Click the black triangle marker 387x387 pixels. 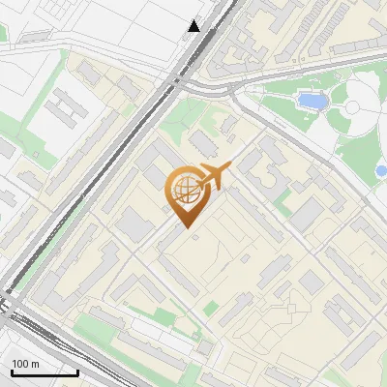[194, 26]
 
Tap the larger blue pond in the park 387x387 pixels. [311, 101]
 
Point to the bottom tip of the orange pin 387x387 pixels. [185, 227]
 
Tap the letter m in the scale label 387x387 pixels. [35, 364]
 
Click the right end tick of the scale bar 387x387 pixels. [77, 372]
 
